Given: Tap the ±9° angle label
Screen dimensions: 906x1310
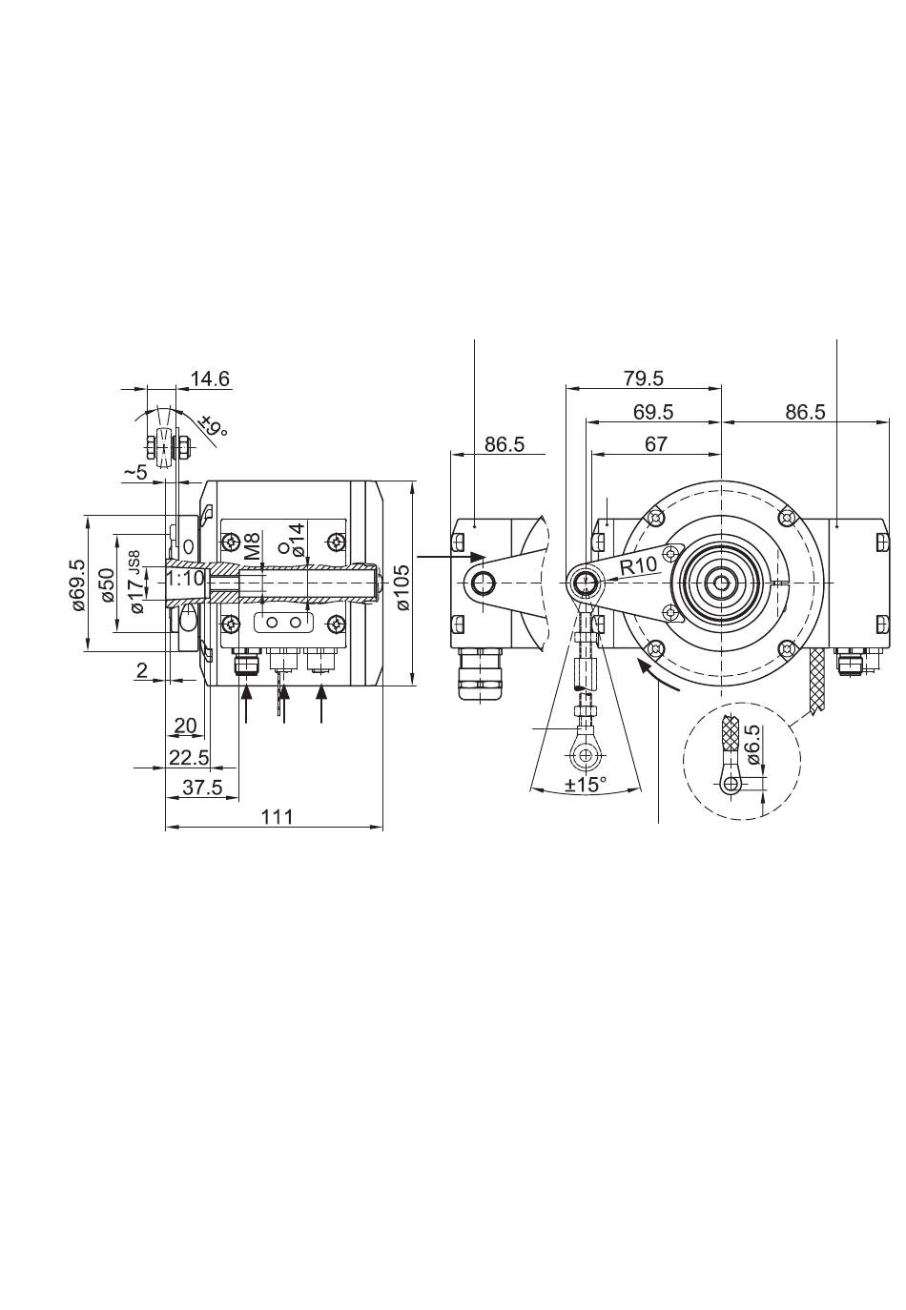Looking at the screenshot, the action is (214, 426).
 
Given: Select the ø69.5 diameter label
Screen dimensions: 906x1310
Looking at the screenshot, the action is (78, 583).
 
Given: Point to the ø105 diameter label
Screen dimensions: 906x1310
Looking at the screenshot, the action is (403, 586).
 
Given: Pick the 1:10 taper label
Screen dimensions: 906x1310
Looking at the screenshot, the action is (185, 579).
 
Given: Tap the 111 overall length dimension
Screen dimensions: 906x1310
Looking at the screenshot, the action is (276, 816).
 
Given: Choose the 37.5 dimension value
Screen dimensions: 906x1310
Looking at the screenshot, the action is (202, 788).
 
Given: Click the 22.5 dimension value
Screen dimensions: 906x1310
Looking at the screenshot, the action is (189, 757).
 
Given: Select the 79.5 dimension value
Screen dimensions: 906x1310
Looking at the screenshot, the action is (644, 379).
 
